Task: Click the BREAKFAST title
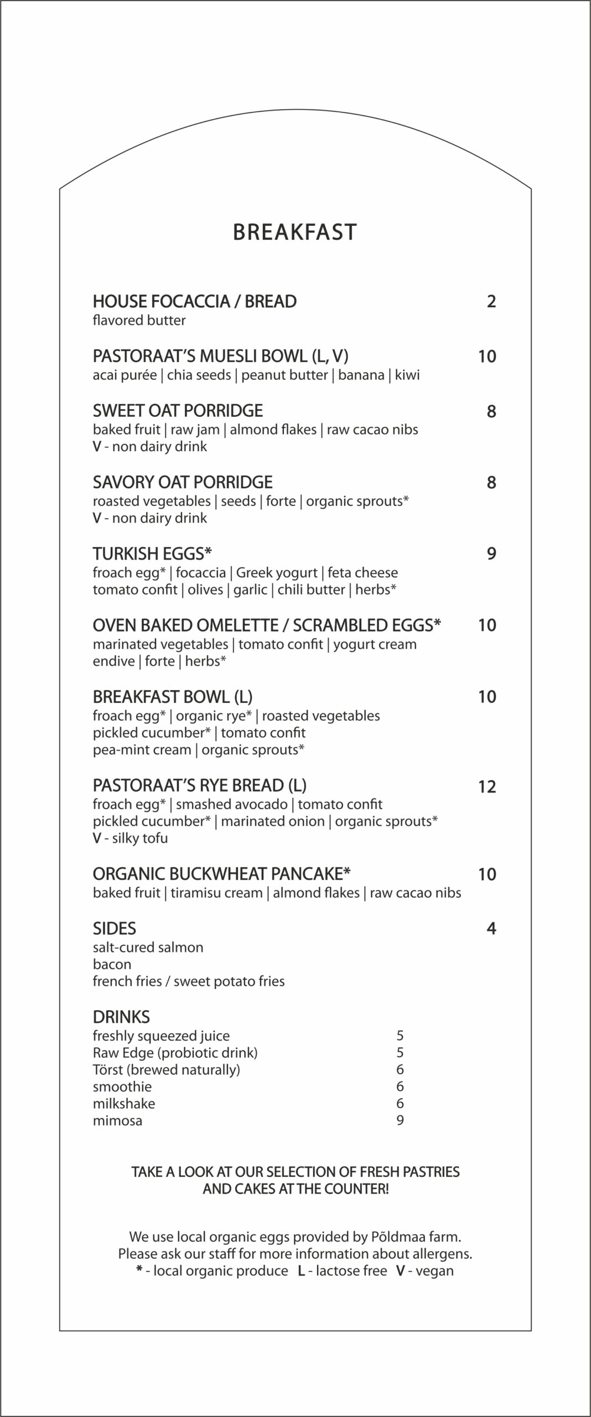pyautogui.click(x=295, y=232)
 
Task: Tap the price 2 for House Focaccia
pyautogui.click(x=491, y=302)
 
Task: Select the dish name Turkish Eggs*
pyautogui.click(x=153, y=553)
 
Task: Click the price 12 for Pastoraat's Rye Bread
pyautogui.click(x=487, y=787)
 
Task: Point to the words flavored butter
pyautogui.click(x=139, y=320)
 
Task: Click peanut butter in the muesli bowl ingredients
pyautogui.click(x=284, y=375)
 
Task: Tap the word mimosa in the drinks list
pyautogui.click(x=117, y=1120)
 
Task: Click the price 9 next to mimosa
pyautogui.click(x=400, y=1120)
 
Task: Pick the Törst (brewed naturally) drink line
pyautogui.click(x=166, y=1069)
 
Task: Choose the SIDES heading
pyautogui.click(x=115, y=928)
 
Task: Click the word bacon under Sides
pyautogui.click(x=112, y=964)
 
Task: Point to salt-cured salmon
pyautogui.click(x=148, y=947)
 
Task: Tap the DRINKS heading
pyautogui.click(x=121, y=1017)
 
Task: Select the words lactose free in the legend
pyautogui.click(x=351, y=1270)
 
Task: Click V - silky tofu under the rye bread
pyautogui.click(x=130, y=837)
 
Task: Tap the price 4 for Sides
pyautogui.click(x=491, y=928)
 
